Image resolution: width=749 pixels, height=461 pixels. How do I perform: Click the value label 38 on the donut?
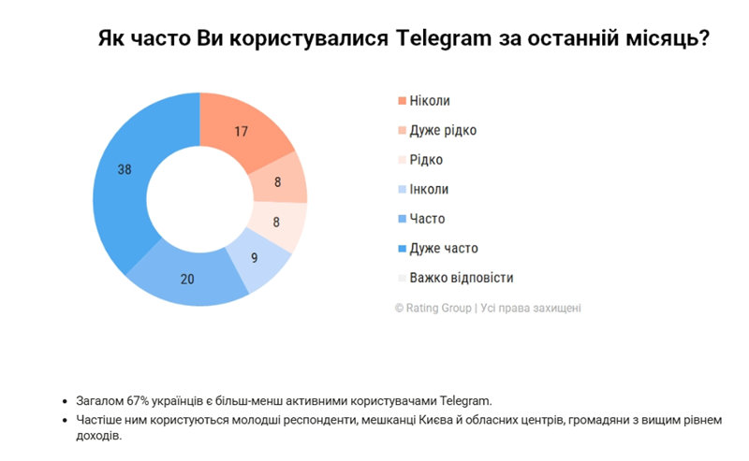[125, 169]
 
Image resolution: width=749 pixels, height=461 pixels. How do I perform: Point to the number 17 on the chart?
[241, 131]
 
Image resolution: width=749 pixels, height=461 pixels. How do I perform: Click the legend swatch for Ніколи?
[402, 100]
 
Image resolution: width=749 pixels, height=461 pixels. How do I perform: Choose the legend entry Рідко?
[426, 160]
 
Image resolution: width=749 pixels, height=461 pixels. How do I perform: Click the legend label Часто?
[427, 219]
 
